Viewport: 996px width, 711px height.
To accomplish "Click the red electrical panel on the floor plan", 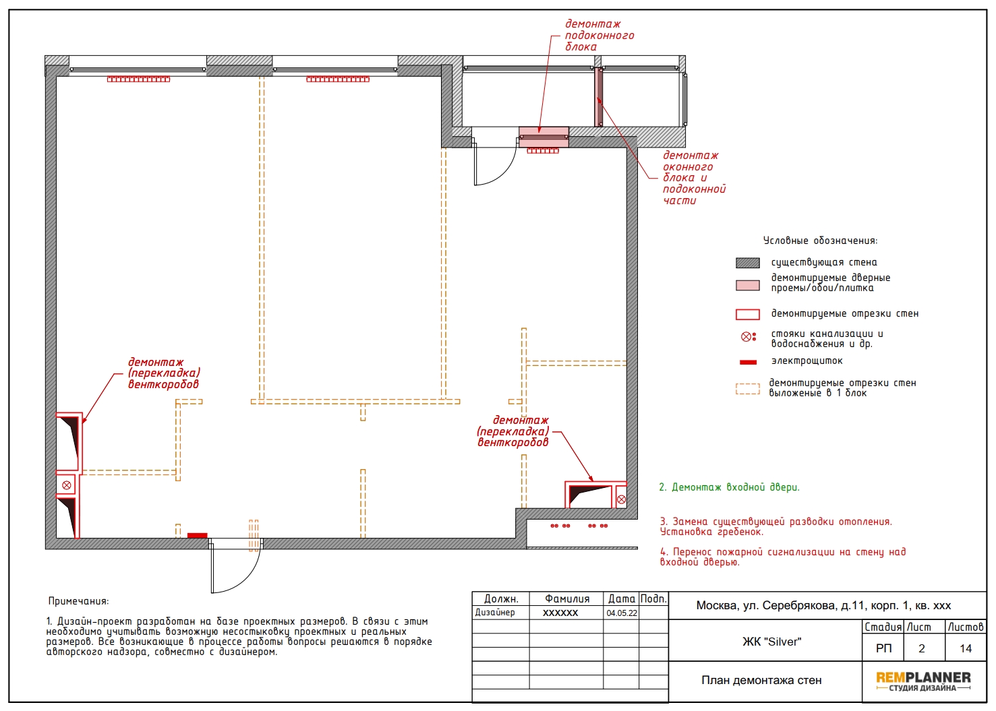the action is pos(197,536).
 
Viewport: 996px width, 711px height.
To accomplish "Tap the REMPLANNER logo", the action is pos(924,681).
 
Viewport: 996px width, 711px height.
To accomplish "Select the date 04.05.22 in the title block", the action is pos(622,613).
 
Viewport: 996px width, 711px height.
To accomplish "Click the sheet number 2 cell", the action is pos(922,648).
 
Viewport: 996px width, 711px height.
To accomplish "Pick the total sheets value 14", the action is pos(966,648).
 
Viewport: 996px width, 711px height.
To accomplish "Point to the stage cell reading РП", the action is pos(883,648).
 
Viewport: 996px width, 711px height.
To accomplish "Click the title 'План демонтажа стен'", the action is pos(761,680).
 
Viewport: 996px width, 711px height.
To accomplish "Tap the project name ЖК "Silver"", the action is pos(772,642).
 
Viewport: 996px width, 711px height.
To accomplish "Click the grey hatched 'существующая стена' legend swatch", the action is pos(747,263).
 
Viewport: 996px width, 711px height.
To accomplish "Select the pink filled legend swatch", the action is pos(747,285).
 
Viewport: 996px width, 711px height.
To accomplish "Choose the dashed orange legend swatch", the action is pos(747,389).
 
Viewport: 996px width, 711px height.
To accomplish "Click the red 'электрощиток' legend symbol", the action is pos(748,362).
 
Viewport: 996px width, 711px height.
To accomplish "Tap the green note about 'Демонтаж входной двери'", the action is pos(729,487).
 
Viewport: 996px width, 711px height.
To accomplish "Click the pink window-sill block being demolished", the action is pos(544,137).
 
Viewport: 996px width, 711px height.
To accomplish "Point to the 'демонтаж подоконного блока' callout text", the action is pos(599,36).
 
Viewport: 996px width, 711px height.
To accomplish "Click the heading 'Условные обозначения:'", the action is pos(821,241).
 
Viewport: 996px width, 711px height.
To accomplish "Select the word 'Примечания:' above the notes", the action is pos(78,601).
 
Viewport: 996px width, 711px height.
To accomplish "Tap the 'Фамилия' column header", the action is pos(567,598).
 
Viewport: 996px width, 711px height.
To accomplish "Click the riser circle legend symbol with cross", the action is pos(746,337).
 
